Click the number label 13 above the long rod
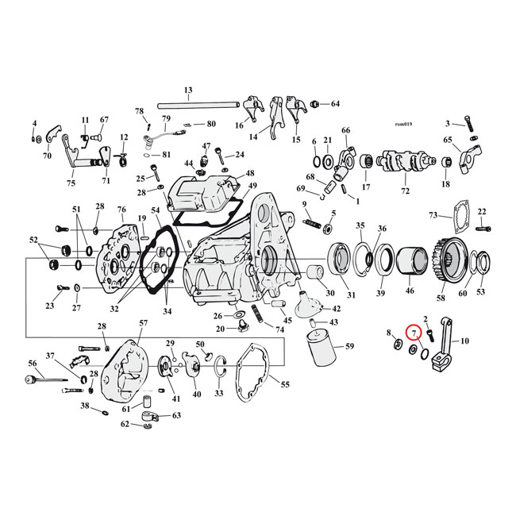pos(188,90)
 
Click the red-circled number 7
pos(414,333)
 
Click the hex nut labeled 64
pos(316,104)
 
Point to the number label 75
pos(71,183)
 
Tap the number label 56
pos(33,363)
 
